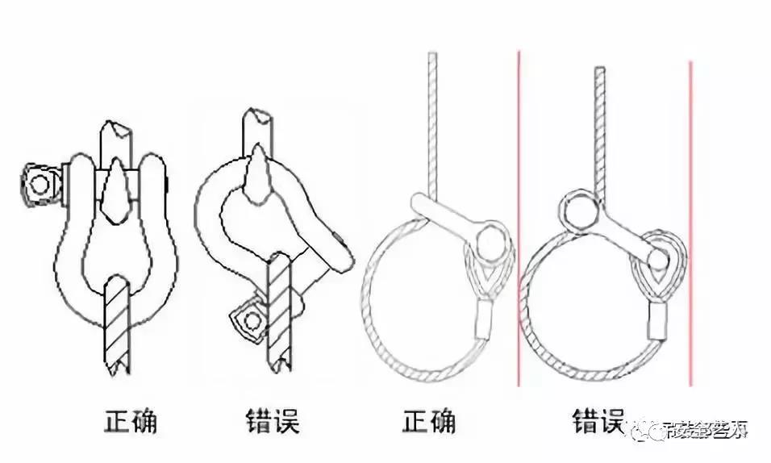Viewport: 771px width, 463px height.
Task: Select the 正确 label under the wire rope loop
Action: click(x=428, y=422)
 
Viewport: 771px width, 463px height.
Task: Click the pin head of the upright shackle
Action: click(x=37, y=182)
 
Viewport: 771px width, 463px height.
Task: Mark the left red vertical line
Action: click(x=519, y=218)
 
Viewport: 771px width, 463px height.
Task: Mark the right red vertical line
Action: click(x=690, y=218)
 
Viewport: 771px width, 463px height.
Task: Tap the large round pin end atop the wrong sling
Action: click(x=580, y=209)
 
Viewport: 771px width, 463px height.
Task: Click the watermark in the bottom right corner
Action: click(x=702, y=431)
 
